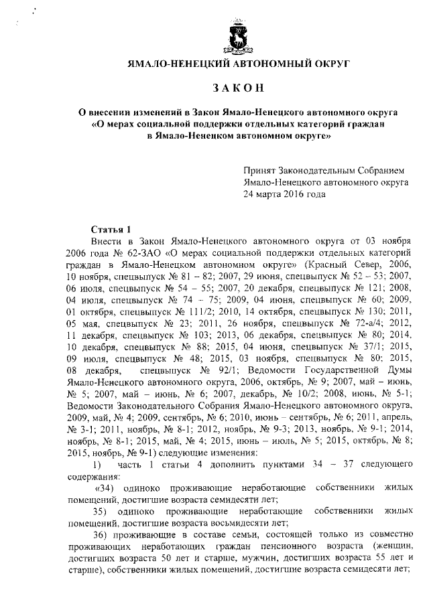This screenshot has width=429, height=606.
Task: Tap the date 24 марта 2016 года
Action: click(x=285, y=194)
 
